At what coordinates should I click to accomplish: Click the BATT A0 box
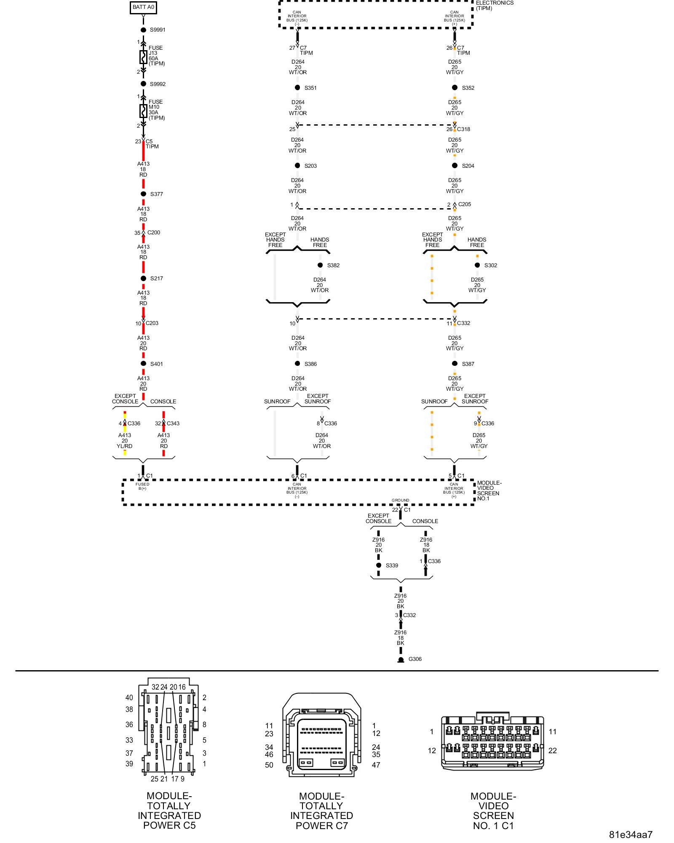143,7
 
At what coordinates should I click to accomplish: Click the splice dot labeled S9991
143,30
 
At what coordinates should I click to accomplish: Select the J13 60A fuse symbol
143,57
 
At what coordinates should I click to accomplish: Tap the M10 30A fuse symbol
143,111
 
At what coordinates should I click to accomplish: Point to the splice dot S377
143,194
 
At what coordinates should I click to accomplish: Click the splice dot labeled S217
143,278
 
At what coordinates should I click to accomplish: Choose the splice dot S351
297,88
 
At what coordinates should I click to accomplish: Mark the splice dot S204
455,166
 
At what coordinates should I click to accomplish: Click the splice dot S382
320,265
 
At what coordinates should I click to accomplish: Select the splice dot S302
477,265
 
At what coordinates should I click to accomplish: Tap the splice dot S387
455,364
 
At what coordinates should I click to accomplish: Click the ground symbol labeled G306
401,660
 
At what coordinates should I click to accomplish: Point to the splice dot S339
379,565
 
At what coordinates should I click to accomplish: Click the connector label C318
463,129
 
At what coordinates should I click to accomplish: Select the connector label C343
173,423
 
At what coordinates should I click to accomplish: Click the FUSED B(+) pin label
142,486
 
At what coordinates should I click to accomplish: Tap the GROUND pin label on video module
400,500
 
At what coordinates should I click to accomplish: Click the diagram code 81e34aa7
631,834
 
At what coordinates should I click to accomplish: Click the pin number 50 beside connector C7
269,765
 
